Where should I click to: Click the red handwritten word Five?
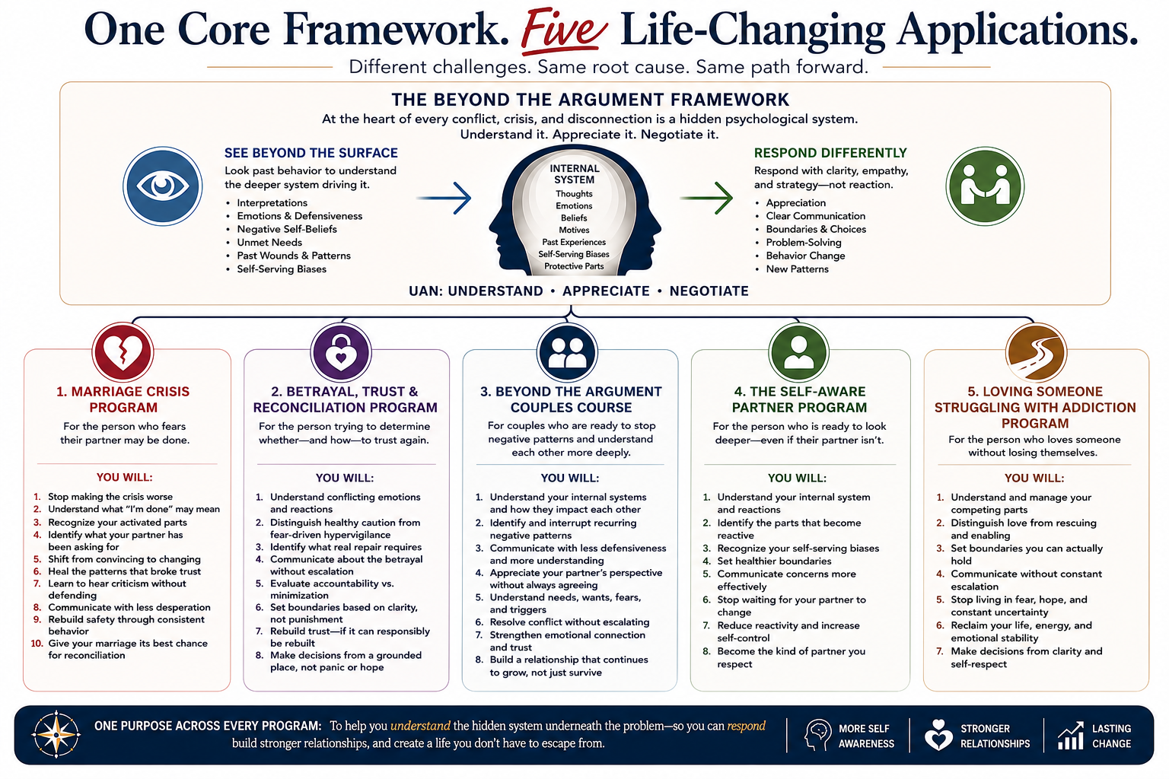coord(564,31)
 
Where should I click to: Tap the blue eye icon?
coord(163,186)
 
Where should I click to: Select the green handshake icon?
coord(985,186)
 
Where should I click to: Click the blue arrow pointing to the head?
coord(444,199)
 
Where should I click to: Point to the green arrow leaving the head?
coord(706,199)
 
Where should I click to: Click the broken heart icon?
coord(123,352)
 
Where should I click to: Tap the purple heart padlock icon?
coord(341,353)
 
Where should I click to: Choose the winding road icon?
coord(1036,353)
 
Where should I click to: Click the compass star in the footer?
coord(56,734)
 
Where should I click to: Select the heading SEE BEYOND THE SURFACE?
coord(311,153)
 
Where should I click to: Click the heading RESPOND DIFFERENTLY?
coord(830,153)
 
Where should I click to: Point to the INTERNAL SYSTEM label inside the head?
coord(574,174)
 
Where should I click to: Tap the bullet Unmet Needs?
coord(269,242)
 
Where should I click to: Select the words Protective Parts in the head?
coord(574,266)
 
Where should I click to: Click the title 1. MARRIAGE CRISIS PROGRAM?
coord(123,399)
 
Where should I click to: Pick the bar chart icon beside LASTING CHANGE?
coord(1070,735)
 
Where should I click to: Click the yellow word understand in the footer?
coord(420,726)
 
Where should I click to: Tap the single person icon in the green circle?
coord(798,353)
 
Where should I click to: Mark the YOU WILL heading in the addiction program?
coord(1034,478)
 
